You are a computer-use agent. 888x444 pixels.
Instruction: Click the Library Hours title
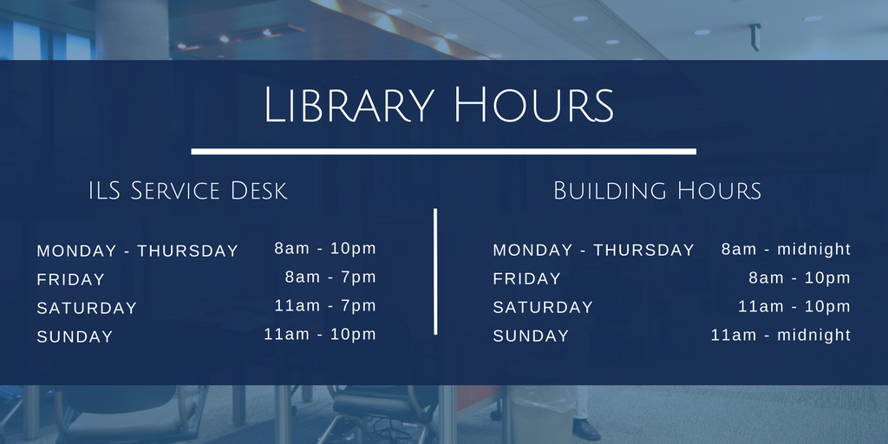tap(439, 106)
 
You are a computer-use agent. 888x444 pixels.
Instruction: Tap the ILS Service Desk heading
tap(187, 191)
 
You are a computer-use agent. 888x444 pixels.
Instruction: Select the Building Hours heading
tap(657, 191)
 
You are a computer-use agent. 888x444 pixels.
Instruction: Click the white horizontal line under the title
tap(443, 151)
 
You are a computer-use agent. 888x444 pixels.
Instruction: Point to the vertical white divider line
tap(435, 271)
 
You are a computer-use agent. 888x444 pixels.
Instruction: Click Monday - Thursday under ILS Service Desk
tap(137, 251)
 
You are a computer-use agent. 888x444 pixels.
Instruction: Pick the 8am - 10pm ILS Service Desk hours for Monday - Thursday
tap(325, 249)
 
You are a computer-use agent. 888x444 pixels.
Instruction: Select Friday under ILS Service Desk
tap(71, 280)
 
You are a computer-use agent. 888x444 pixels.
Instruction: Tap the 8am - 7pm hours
tap(330, 277)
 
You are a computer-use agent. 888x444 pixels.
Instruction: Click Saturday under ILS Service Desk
tap(87, 309)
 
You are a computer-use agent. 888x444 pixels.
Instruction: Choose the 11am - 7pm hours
tap(325, 306)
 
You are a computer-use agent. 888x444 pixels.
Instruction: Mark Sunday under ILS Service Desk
tap(75, 337)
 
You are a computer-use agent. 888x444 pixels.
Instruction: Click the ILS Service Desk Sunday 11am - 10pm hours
tap(320, 335)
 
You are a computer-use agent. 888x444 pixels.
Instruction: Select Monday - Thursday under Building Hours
tap(593, 251)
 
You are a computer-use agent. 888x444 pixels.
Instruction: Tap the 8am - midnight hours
tap(786, 250)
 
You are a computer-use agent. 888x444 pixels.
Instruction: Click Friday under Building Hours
tap(527, 279)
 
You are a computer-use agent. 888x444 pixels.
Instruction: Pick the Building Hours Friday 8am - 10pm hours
tap(800, 278)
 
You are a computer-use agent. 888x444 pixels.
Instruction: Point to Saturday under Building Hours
tap(543, 308)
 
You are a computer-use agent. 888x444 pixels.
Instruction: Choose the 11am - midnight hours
tap(780, 336)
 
